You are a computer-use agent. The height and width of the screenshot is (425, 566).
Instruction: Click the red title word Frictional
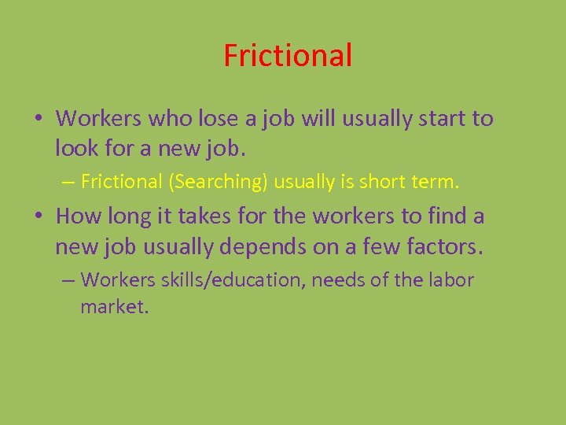[288, 56]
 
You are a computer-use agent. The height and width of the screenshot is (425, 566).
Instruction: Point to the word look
[77, 146]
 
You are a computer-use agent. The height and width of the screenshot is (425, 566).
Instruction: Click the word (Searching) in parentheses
[216, 182]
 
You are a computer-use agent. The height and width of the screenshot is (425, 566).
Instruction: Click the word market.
[114, 306]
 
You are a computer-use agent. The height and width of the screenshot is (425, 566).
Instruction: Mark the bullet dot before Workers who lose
[38, 120]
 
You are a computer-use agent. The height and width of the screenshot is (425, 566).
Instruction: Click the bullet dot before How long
[38, 216]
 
